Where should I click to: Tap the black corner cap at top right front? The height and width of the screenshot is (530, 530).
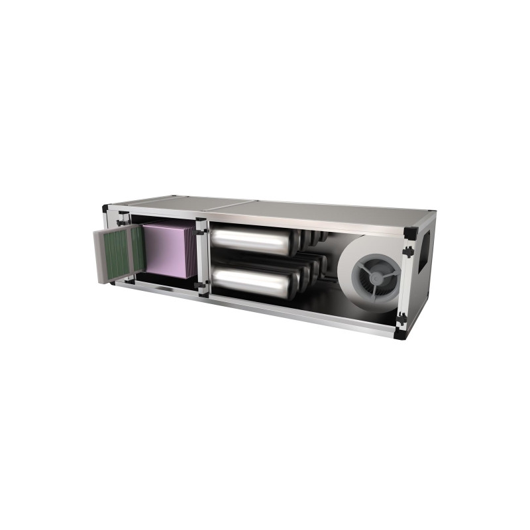click(x=410, y=233)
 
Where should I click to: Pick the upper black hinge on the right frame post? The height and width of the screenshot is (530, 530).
click(x=409, y=252)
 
